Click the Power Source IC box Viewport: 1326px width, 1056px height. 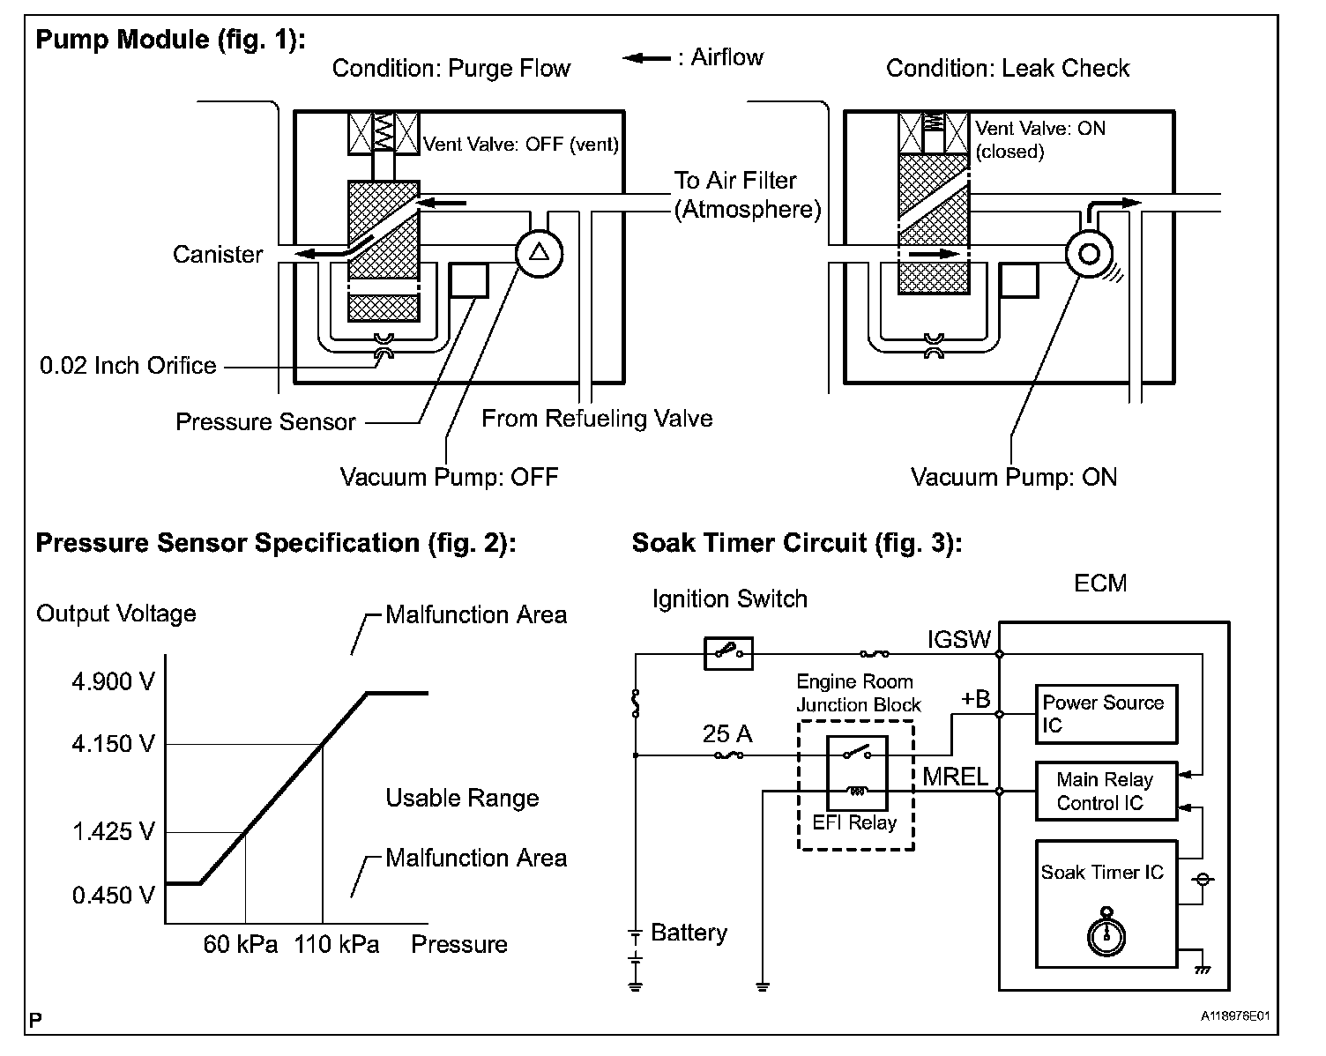(1106, 714)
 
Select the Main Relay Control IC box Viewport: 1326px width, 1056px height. (1106, 791)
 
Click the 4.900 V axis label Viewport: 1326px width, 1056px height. (113, 681)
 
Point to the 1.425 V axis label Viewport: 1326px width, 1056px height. (113, 831)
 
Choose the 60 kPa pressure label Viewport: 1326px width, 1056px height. (241, 945)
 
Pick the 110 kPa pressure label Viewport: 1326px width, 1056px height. (337, 945)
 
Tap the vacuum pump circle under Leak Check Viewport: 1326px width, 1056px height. (1089, 254)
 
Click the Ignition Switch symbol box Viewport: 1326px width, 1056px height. (728, 653)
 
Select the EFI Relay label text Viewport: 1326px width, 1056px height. (854, 823)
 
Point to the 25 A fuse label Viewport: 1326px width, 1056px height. (727, 733)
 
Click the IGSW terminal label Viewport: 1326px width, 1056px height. (959, 640)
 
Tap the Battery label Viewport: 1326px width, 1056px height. (689, 933)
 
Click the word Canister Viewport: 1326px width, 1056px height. (218, 255)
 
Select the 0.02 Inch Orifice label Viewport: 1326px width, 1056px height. (128, 365)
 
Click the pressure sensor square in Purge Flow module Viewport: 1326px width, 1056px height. (468, 280)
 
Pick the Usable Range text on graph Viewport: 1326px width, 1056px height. (462, 799)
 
